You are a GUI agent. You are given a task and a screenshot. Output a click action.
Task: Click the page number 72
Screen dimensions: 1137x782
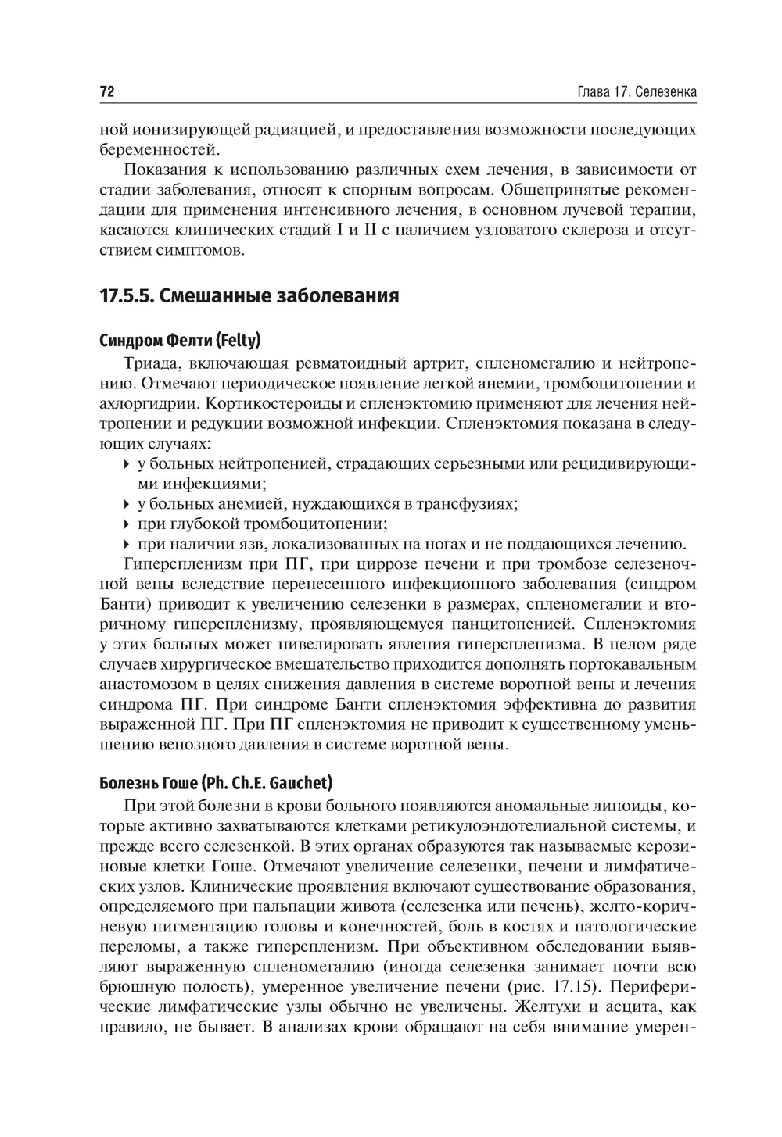click(108, 91)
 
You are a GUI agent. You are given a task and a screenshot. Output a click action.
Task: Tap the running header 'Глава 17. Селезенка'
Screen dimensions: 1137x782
click(636, 92)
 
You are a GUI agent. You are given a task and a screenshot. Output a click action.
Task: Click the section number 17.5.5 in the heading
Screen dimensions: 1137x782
click(129, 296)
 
